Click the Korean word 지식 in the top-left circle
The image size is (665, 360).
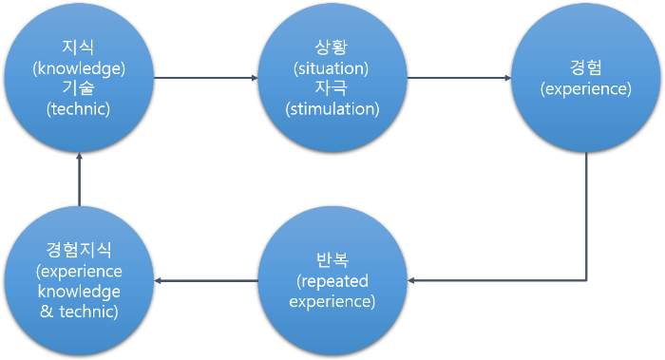coord(79,47)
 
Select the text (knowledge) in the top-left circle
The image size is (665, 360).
coord(79,68)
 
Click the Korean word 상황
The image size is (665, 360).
coord(332,47)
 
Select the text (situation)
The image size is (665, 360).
coord(332,68)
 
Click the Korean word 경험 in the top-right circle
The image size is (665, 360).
coord(585,68)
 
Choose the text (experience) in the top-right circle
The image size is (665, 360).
coord(585,89)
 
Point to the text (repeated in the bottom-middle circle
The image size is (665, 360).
coord(332,282)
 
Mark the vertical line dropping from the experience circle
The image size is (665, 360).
coord(586,218)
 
